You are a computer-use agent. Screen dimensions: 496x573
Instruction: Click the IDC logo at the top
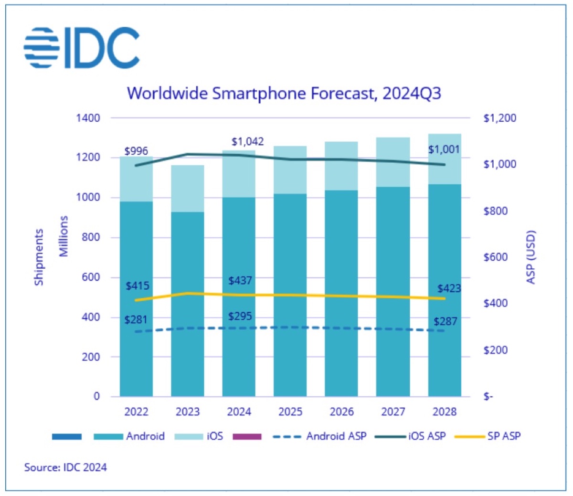click(x=82, y=48)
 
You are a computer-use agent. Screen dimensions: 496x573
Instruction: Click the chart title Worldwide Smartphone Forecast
click(x=284, y=93)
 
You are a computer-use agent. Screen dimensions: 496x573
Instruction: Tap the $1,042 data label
click(x=247, y=142)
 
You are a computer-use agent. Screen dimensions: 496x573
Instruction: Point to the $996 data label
click(x=136, y=151)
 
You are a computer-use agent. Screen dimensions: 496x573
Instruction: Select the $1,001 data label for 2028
click(x=444, y=149)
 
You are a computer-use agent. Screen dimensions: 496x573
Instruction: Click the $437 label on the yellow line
click(x=240, y=281)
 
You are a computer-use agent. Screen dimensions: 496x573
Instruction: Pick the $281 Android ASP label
click(x=136, y=320)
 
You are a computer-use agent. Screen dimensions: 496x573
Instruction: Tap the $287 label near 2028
click(x=445, y=322)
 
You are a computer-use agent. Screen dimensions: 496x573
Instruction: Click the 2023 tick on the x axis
click(x=188, y=412)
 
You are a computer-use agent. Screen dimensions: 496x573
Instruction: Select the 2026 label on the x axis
click(x=341, y=412)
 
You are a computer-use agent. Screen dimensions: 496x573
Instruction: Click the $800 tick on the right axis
click(x=495, y=211)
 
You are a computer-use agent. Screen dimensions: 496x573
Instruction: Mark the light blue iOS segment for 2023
click(x=188, y=189)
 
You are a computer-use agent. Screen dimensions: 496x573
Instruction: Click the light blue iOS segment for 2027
click(x=393, y=162)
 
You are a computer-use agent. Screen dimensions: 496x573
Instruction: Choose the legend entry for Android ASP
click(x=319, y=436)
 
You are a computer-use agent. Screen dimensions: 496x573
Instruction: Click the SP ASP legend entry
click(x=488, y=436)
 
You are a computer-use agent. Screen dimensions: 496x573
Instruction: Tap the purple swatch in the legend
click(x=246, y=436)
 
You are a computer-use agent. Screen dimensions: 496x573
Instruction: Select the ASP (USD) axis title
click(x=531, y=257)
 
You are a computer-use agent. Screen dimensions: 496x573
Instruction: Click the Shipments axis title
click(x=39, y=257)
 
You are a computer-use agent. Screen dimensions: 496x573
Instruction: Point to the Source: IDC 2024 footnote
click(x=65, y=467)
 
